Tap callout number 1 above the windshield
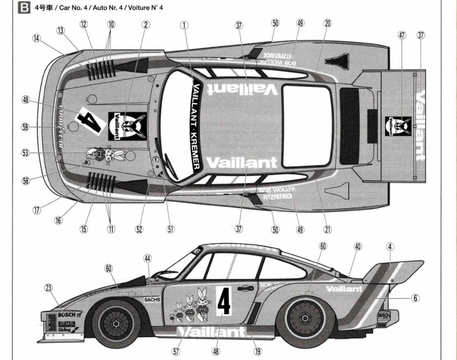coord(184,25)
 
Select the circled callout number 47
coord(402,35)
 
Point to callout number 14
coord(37,39)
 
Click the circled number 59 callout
coord(25,127)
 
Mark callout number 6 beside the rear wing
coord(416,298)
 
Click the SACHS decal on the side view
coord(152,299)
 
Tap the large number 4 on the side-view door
coord(224,302)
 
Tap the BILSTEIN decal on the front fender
coord(66,323)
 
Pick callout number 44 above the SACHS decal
coord(148,258)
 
